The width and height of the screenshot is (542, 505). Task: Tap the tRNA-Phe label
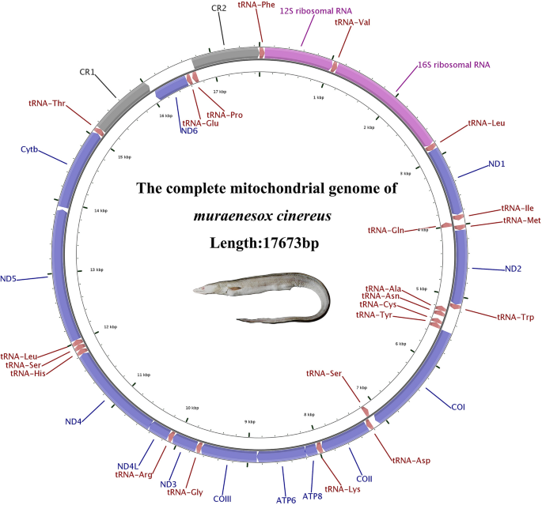(x=256, y=5)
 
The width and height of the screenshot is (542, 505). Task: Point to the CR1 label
(x=87, y=72)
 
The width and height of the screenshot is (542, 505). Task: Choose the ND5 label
(x=13, y=278)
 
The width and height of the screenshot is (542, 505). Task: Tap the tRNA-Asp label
(x=412, y=459)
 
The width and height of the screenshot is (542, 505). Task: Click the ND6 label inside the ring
(x=189, y=131)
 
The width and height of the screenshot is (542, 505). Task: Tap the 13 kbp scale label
(x=97, y=269)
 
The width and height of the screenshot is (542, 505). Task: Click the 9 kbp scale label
(x=251, y=422)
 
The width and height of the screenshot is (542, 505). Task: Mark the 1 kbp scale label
(x=319, y=97)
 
